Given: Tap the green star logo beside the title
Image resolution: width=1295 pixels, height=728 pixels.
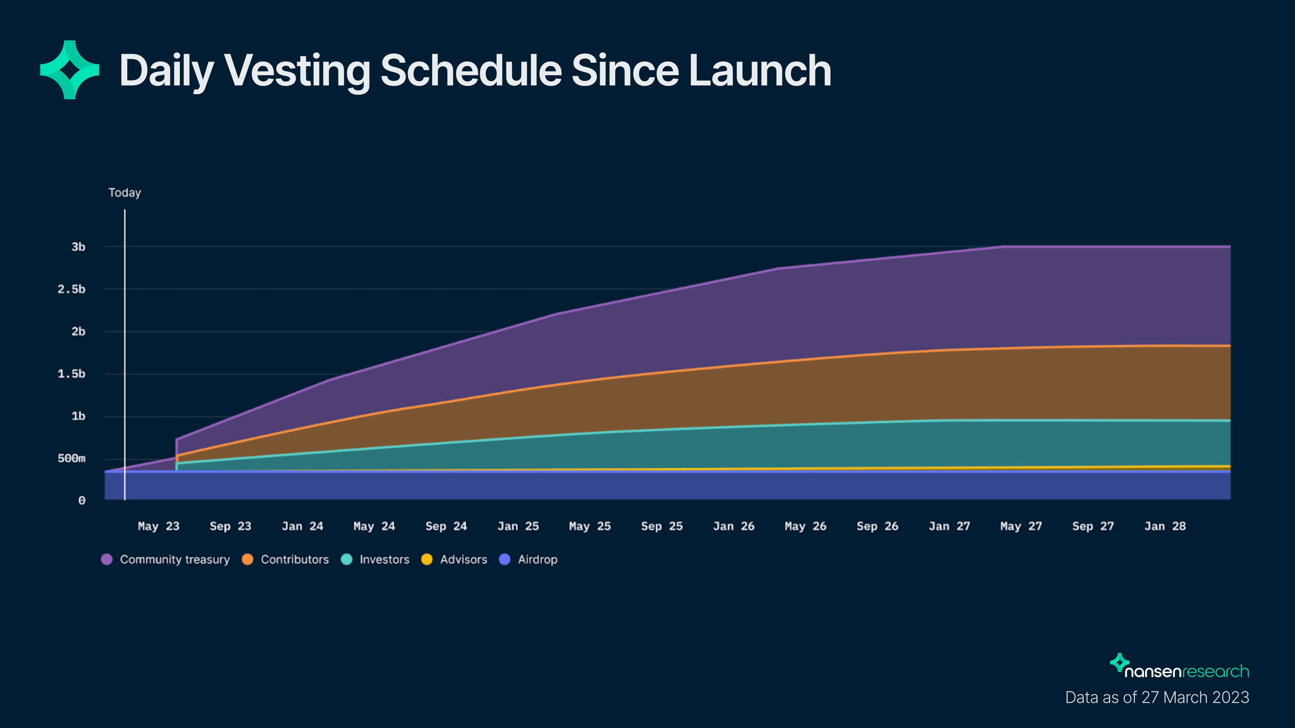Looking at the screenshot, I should (70, 70).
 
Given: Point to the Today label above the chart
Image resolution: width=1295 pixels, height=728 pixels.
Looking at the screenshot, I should (125, 193).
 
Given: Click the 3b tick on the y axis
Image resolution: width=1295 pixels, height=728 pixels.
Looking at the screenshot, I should (78, 247).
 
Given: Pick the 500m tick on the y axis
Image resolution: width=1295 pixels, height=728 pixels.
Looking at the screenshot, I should (71, 458).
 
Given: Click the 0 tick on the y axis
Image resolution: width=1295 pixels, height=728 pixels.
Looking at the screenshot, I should (81, 500).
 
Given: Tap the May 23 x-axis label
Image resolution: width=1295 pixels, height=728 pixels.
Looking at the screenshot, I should (158, 526).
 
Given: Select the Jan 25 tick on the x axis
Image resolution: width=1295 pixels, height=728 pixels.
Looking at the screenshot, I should (518, 526).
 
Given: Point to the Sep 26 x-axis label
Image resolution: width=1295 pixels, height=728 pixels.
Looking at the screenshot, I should (877, 526).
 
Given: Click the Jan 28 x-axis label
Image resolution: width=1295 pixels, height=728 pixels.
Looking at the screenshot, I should (1165, 526).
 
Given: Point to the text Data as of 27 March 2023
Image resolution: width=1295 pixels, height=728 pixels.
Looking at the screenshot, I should (1157, 697).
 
